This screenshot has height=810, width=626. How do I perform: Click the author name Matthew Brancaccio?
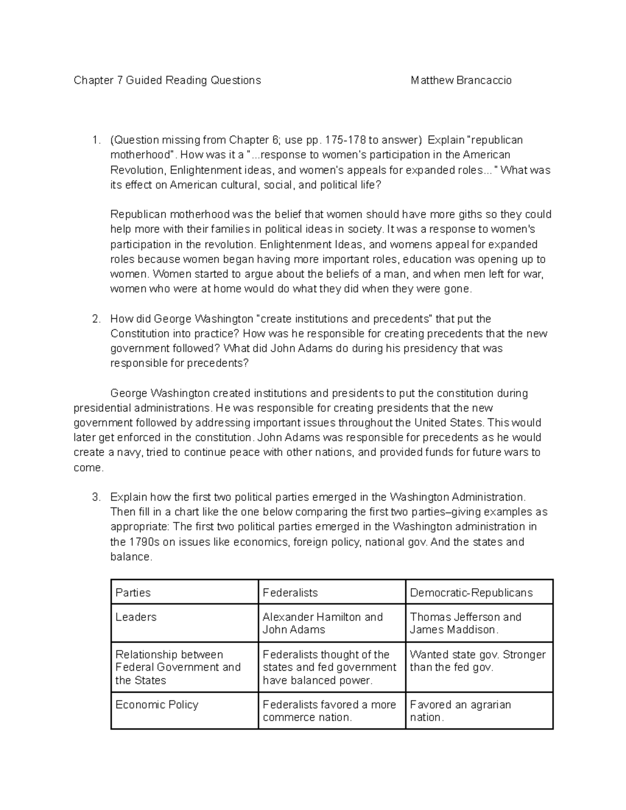(x=461, y=80)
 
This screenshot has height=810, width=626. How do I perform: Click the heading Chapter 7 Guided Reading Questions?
(x=167, y=80)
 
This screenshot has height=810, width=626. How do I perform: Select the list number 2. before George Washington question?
(x=96, y=319)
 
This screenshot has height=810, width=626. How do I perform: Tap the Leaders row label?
(x=136, y=617)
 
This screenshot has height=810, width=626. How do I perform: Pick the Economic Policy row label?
(x=156, y=705)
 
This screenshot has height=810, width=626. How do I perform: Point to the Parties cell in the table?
(x=133, y=593)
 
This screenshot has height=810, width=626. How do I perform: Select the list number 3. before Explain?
(x=96, y=497)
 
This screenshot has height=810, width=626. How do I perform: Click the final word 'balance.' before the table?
(x=131, y=557)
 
